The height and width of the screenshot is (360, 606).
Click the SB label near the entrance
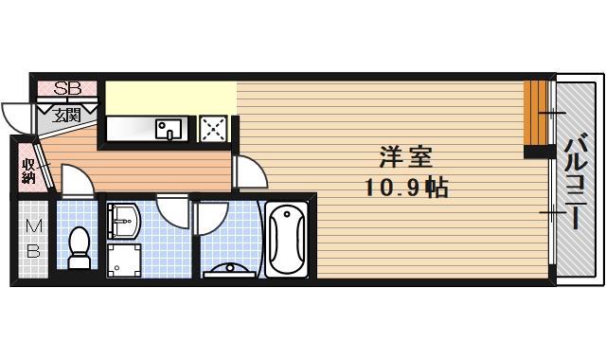(67, 89)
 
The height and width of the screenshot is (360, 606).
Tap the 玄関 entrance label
(65, 116)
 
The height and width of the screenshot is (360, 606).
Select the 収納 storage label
(28, 171)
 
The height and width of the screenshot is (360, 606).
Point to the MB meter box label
(33, 239)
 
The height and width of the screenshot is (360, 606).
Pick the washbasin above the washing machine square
(123, 223)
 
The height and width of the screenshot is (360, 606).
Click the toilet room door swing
(77, 181)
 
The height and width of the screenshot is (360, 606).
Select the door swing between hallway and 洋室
(248, 172)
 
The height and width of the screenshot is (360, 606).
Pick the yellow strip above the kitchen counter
(170, 98)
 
